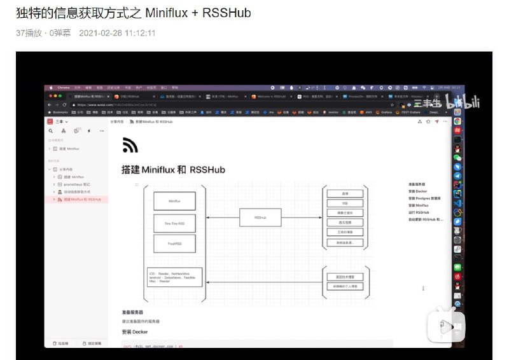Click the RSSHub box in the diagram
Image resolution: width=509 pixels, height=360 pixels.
260,218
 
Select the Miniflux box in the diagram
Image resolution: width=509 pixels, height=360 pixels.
174,201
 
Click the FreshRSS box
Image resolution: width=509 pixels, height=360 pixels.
174,243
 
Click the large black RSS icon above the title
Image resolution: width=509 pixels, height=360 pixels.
130,146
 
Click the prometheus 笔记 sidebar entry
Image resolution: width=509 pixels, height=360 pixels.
77,184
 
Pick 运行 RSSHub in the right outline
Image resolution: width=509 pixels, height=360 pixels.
421,212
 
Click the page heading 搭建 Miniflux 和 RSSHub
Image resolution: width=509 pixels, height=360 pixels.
173,170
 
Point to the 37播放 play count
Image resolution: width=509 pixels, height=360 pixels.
29,33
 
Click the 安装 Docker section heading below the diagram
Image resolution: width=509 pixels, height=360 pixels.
134,332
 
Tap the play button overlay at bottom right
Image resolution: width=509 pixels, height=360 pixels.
448,326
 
